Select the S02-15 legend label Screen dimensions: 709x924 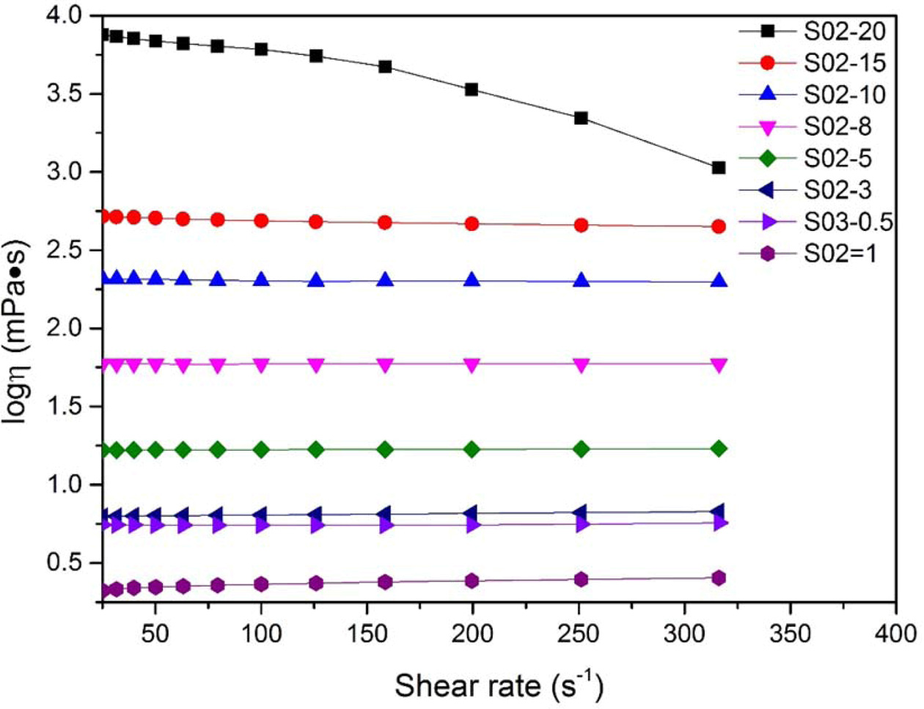(845, 63)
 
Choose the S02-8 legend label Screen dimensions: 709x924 (837, 127)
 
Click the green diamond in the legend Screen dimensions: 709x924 (767, 158)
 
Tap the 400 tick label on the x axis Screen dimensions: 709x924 (895, 632)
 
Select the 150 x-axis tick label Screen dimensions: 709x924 (367, 632)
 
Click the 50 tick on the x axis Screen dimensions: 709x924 (155, 632)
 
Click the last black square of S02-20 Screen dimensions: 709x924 (719, 168)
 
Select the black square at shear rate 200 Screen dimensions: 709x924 (472, 89)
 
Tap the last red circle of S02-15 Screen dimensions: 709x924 (719, 227)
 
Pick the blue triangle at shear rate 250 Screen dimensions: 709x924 (582, 281)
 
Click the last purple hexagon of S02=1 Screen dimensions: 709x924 (719, 578)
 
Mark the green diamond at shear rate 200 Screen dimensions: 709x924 (472, 449)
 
